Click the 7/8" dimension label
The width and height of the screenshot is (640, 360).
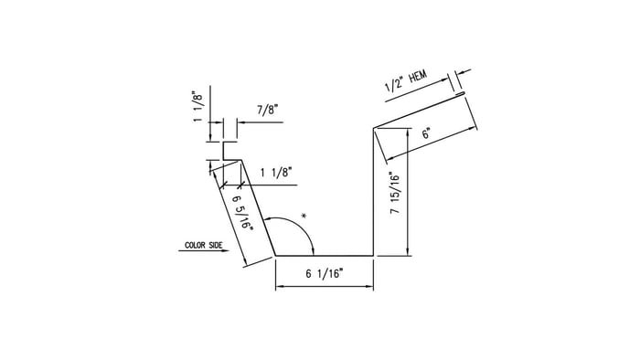[268, 110]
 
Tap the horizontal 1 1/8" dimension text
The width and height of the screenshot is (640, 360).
[276, 172]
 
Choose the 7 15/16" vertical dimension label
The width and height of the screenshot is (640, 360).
[394, 193]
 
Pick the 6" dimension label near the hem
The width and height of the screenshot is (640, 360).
[426, 133]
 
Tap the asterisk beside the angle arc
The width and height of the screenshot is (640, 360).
[303, 217]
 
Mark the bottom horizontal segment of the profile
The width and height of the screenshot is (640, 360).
[325, 256]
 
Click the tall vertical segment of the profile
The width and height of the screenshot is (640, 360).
[374, 192]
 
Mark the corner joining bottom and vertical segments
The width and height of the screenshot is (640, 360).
[374, 256]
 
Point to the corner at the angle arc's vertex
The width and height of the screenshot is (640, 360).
[275, 256]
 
